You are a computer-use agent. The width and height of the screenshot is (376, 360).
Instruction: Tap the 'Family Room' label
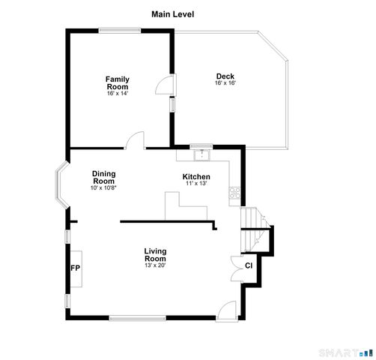[x=117, y=82]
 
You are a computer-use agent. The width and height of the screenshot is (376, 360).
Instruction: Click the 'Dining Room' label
[x=104, y=177]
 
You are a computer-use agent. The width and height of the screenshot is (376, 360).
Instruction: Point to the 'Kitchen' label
[x=196, y=177]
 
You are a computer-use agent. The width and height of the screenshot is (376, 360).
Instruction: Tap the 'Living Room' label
[x=155, y=254]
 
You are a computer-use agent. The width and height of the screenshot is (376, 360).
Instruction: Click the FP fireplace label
[x=75, y=268]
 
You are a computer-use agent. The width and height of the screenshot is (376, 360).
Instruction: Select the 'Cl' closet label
[x=249, y=265]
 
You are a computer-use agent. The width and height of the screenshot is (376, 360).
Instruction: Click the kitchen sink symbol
[x=201, y=154]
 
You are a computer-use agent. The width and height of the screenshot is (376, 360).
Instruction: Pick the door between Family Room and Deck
[x=163, y=85]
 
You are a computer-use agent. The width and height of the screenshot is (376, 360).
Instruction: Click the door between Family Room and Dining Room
[x=135, y=140]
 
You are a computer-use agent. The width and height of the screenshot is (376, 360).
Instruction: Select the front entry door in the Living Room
[x=227, y=310]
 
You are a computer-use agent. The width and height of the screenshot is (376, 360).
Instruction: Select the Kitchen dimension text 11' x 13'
[x=196, y=184]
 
